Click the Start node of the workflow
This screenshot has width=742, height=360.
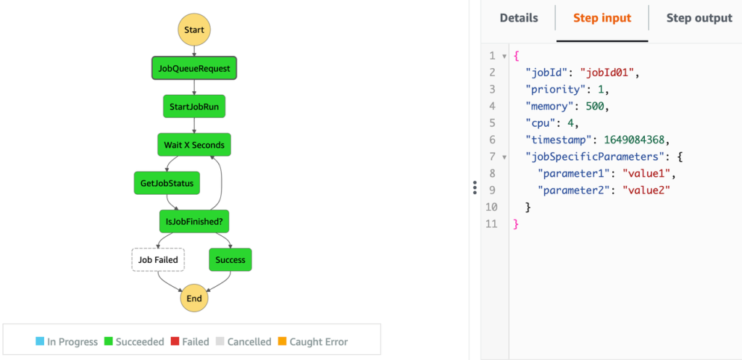pos(194,30)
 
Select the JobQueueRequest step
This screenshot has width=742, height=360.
pos(194,69)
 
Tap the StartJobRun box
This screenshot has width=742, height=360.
pos(194,106)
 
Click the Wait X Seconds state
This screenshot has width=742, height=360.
pos(194,144)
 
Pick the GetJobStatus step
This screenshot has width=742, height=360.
pos(167,183)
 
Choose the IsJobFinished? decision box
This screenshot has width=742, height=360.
pos(194,221)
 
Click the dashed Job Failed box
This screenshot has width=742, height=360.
pos(158,259)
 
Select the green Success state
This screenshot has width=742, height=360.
pos(230,259)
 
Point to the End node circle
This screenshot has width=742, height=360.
pos(194,298)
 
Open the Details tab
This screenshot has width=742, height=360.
pos(519,18)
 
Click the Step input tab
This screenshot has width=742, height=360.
pos(602,18)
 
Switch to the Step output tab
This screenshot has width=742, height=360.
pos(699,18)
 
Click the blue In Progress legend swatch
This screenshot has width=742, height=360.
pos(40,341)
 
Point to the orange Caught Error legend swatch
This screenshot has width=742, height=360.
pos(282,341)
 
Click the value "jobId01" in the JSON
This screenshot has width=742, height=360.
pos(611,72)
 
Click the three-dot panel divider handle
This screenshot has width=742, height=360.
pos(475,188)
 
